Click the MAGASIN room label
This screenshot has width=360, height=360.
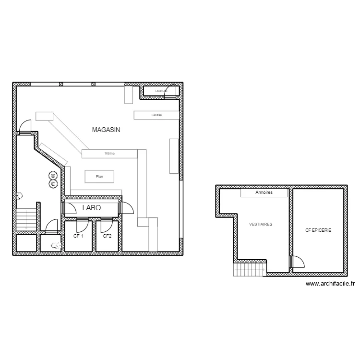(x=106, y=130)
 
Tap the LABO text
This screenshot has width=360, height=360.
(x=91, y=208)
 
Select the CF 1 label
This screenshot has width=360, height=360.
(x=78, y=236)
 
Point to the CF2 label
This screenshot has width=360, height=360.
(x=107, y=236)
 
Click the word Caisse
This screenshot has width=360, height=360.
(x=156, y=115)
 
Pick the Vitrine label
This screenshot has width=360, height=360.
(x=109, y=154)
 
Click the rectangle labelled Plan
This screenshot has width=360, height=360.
(x=100, y=177)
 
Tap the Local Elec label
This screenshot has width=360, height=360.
(x=161, y=90)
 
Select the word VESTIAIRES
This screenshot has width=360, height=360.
(x=261, y=224)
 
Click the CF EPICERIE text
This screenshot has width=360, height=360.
(x=318, y=230)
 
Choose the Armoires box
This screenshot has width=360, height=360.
(x=264, y=192)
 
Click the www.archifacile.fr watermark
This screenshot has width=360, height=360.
(x=330, y=284)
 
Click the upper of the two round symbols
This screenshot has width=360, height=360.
(x=52, y=176)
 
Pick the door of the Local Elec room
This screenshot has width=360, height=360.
(x=170, y=91)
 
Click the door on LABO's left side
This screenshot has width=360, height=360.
(x=70, y=208)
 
